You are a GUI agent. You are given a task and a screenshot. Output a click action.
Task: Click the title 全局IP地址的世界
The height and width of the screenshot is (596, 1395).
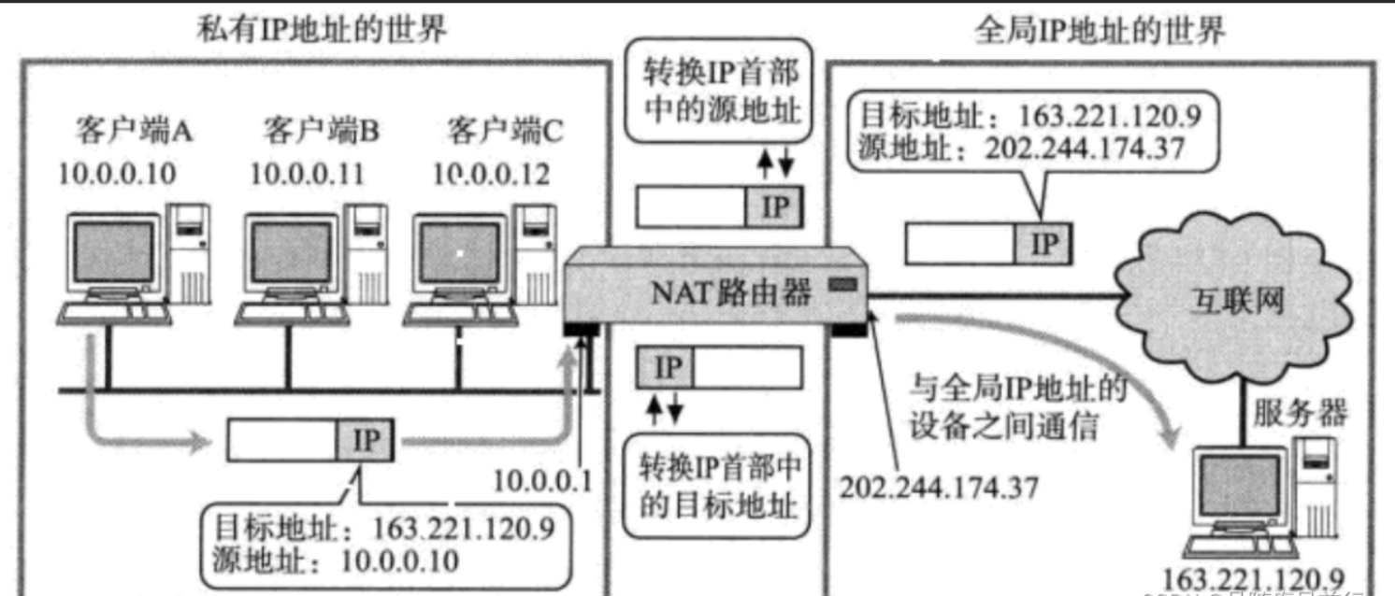pyautogui.click(x=1099, y=32)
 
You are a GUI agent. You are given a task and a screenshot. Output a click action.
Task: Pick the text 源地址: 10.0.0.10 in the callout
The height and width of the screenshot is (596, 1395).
pyautogui.click(x=336, y=561)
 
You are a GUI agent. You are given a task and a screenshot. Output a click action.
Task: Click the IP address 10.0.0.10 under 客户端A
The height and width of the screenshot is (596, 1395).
pyautogui.click(x=118, y=173)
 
